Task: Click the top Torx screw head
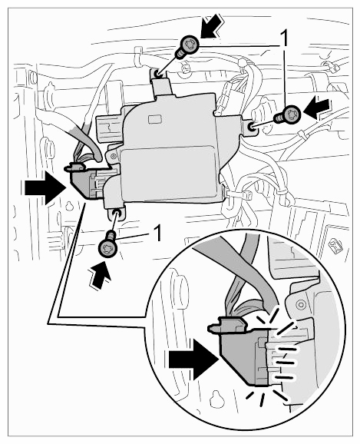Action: tap(190, 45)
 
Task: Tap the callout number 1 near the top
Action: tap(284, 38)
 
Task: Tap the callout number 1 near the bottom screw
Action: tap(158, 233)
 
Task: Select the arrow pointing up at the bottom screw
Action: tap(101, 274)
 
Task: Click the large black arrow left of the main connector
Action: tap(45, 188)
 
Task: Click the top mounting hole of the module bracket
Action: tap(157, 75)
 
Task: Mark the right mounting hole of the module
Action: tap(251, 128)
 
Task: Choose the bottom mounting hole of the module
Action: tap(116, 214)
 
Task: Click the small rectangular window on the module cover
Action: tap(154, 119)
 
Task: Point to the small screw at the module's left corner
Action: tap(113, 156)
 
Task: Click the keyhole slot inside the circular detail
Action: tap(216, 399)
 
